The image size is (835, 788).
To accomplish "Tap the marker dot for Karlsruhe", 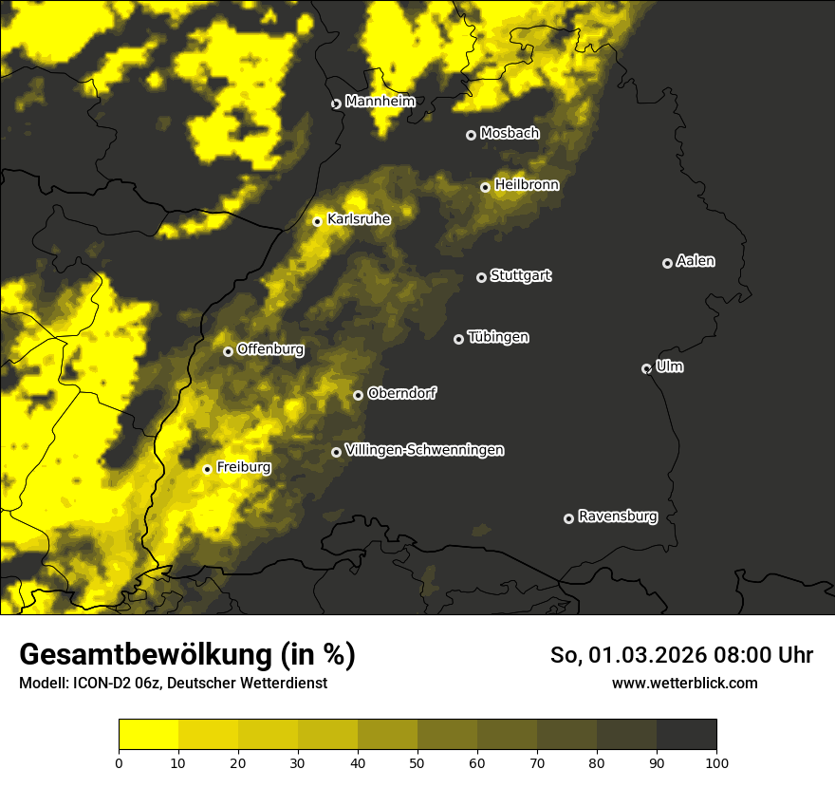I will [318, 221].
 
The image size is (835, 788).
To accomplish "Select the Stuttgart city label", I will [520, 275].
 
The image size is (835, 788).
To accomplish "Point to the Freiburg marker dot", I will [207, 469].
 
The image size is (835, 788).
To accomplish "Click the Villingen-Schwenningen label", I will [424, 450].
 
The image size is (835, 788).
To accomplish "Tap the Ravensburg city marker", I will [568, 518].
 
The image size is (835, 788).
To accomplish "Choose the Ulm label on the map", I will [669, 366].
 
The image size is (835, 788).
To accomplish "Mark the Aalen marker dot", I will [667, 263].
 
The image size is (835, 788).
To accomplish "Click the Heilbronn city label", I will [527, 185].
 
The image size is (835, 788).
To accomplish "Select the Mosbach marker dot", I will [471, 135].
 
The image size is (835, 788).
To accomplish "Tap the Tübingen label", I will [498, 337].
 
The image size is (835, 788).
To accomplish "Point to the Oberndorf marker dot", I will [358, 395].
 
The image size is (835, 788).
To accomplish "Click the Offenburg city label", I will [270, 349].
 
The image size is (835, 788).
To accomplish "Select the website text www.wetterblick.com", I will [684, 683].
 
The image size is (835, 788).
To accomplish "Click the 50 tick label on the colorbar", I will [417, 761].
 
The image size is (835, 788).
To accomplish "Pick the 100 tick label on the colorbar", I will [716, 761].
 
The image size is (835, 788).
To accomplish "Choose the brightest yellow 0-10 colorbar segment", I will [148, 735].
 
